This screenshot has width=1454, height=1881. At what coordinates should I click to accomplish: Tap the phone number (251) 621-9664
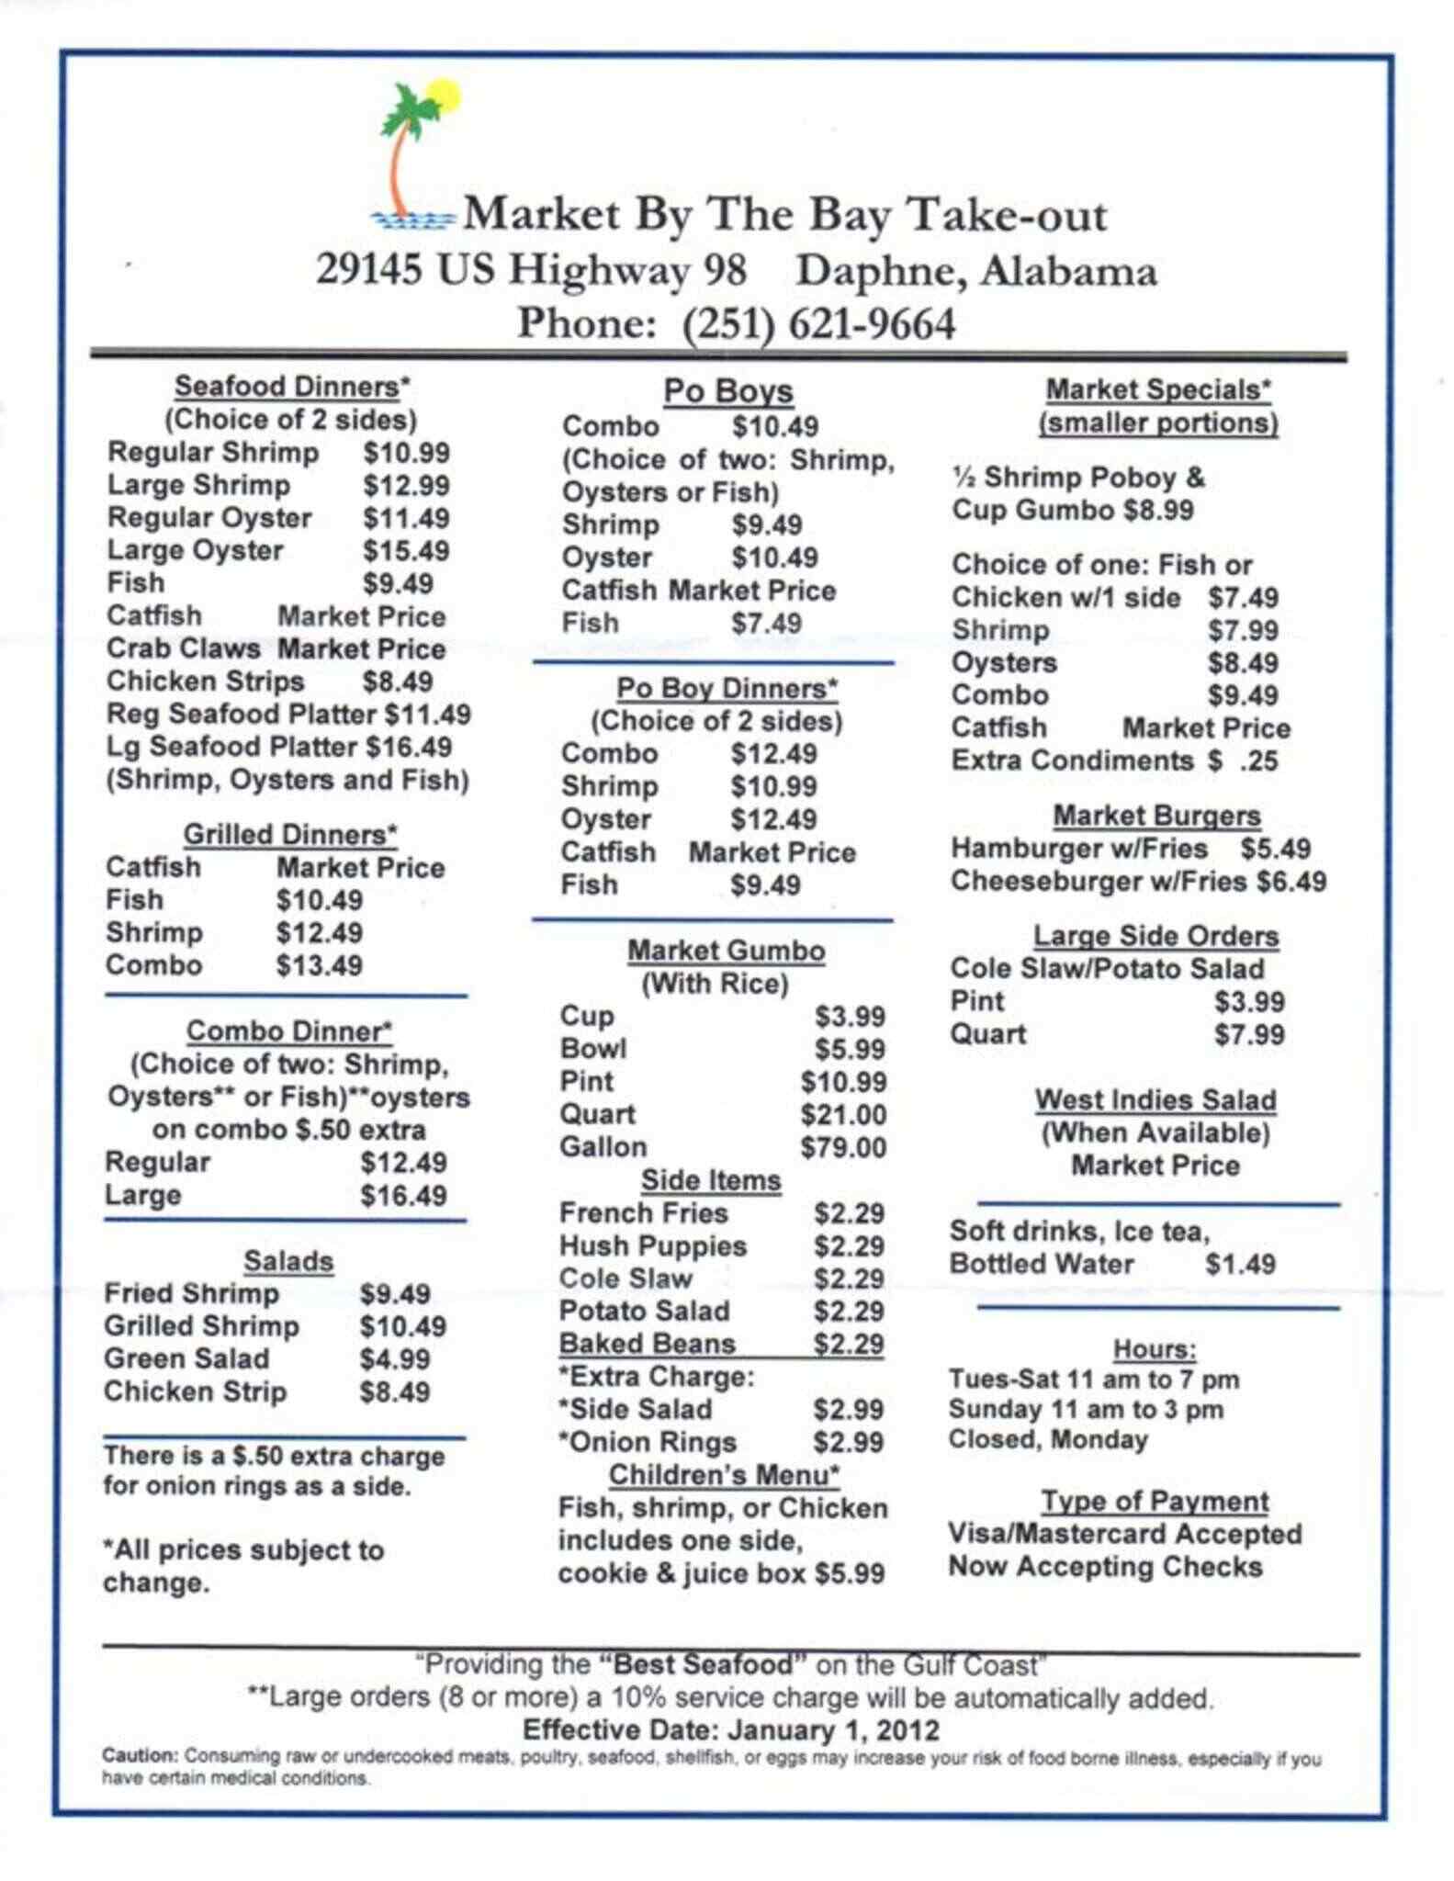point(818,324)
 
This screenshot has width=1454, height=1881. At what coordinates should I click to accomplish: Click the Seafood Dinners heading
point(292,387)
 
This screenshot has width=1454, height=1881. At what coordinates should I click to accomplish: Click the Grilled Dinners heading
point(290,834)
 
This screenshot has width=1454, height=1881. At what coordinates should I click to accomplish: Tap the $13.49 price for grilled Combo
point(319,965)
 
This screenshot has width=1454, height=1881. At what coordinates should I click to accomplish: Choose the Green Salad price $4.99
point(394,1358)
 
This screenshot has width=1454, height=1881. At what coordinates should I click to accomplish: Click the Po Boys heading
point(727,391)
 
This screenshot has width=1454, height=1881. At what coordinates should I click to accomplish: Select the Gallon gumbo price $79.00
point(842,1147)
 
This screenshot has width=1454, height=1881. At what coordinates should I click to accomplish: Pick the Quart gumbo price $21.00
point(842,1115)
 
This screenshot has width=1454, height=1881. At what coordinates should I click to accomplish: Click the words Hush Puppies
point(652,1246)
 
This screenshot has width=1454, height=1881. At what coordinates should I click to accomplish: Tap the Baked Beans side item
point(647,1344)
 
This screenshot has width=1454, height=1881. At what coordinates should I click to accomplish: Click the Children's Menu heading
point(724,1475)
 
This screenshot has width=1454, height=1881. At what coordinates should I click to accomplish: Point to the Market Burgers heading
point(1156,816)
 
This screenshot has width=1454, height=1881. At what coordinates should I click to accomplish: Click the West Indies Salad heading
point(1155,1099)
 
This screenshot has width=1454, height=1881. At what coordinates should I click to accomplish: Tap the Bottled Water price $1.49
point(1240,1264)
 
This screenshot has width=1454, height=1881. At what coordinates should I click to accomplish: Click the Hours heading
point(1155,1349)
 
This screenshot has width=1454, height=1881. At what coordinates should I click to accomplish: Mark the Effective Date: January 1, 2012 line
point(731,1730)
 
